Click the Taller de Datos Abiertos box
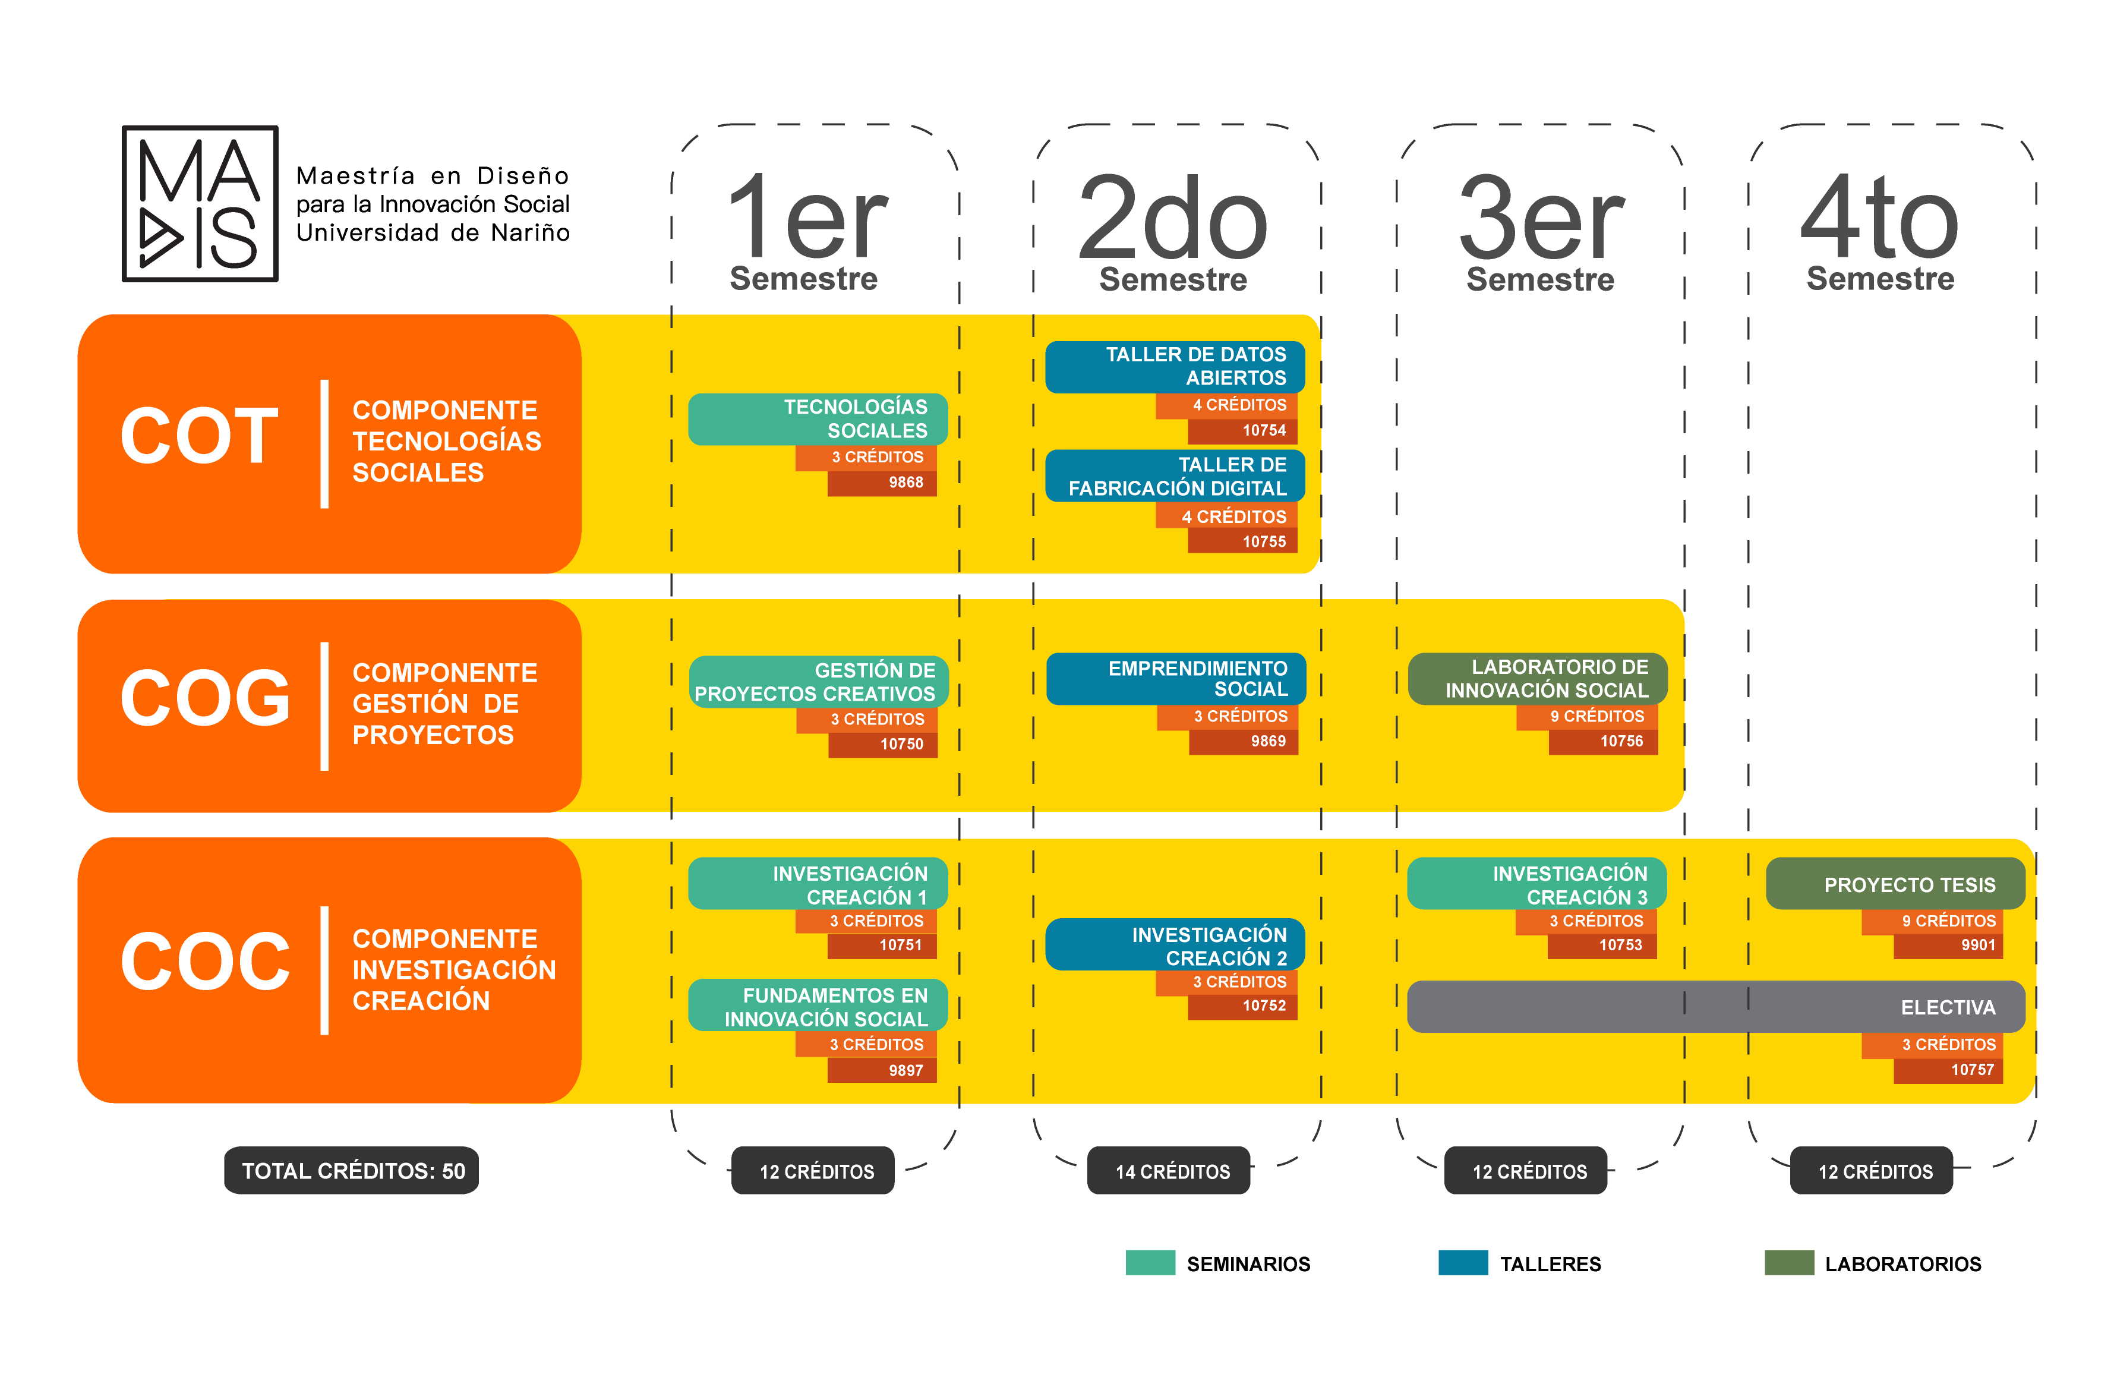click(x=1175, y=367)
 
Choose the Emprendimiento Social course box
click(x=1176, y=679)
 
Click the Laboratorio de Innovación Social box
click(x=1538, y=679)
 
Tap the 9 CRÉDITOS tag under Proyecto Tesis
click(x=1932, y=921)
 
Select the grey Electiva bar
click(x=1716, y=1006)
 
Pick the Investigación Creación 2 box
click(x=1175, y=944)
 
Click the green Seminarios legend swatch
click(x=1150, y=1262)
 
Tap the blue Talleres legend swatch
click(x=1463, y=1262)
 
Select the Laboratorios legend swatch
click(x=1789, y=1262)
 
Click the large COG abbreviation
click(x=205, y=698)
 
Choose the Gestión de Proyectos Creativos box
click(x=819, y=682)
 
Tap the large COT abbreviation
click(x=200, y=435)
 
